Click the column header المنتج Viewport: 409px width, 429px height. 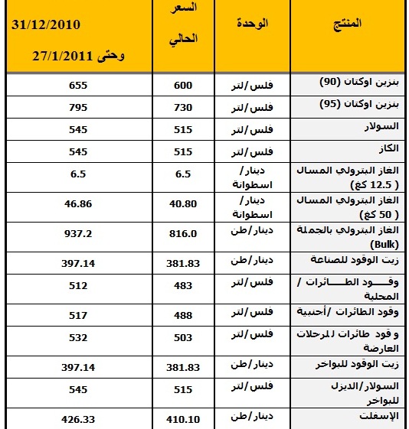coord(348,24)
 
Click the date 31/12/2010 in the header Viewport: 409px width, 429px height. coord(47,24)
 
